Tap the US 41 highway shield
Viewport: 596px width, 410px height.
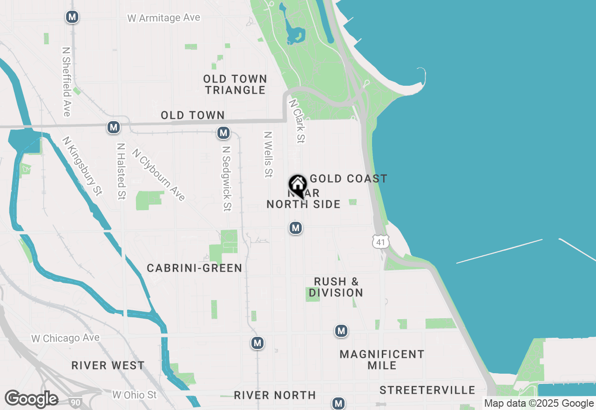tap(380, 241)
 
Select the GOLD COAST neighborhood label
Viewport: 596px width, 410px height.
tap(348, 178)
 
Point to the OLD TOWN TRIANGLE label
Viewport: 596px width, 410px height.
tap(235, 84)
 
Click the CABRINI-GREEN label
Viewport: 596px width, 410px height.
tap(194, 268)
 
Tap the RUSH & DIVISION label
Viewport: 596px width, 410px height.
tap(336, 287)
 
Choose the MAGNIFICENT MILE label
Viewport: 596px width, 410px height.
tap(382, 360)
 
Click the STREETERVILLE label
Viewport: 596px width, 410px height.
tap(427, 390)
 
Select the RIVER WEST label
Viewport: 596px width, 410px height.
tap(108, 365)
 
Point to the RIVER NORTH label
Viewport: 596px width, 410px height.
tap(275, 395)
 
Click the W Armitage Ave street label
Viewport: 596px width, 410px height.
tap(163, 18)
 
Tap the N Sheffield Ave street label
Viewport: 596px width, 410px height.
tap(66, 81)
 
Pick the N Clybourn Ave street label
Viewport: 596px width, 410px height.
tap(159, 175)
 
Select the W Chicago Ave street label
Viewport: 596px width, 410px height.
tap(65, 338)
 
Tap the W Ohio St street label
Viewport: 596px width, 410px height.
tap(135, 395)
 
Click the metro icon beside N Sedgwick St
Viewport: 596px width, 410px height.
tap(223, 133)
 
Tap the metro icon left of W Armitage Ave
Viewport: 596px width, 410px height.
tap(72, 17)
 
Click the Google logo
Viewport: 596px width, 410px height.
tap(32, 399)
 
